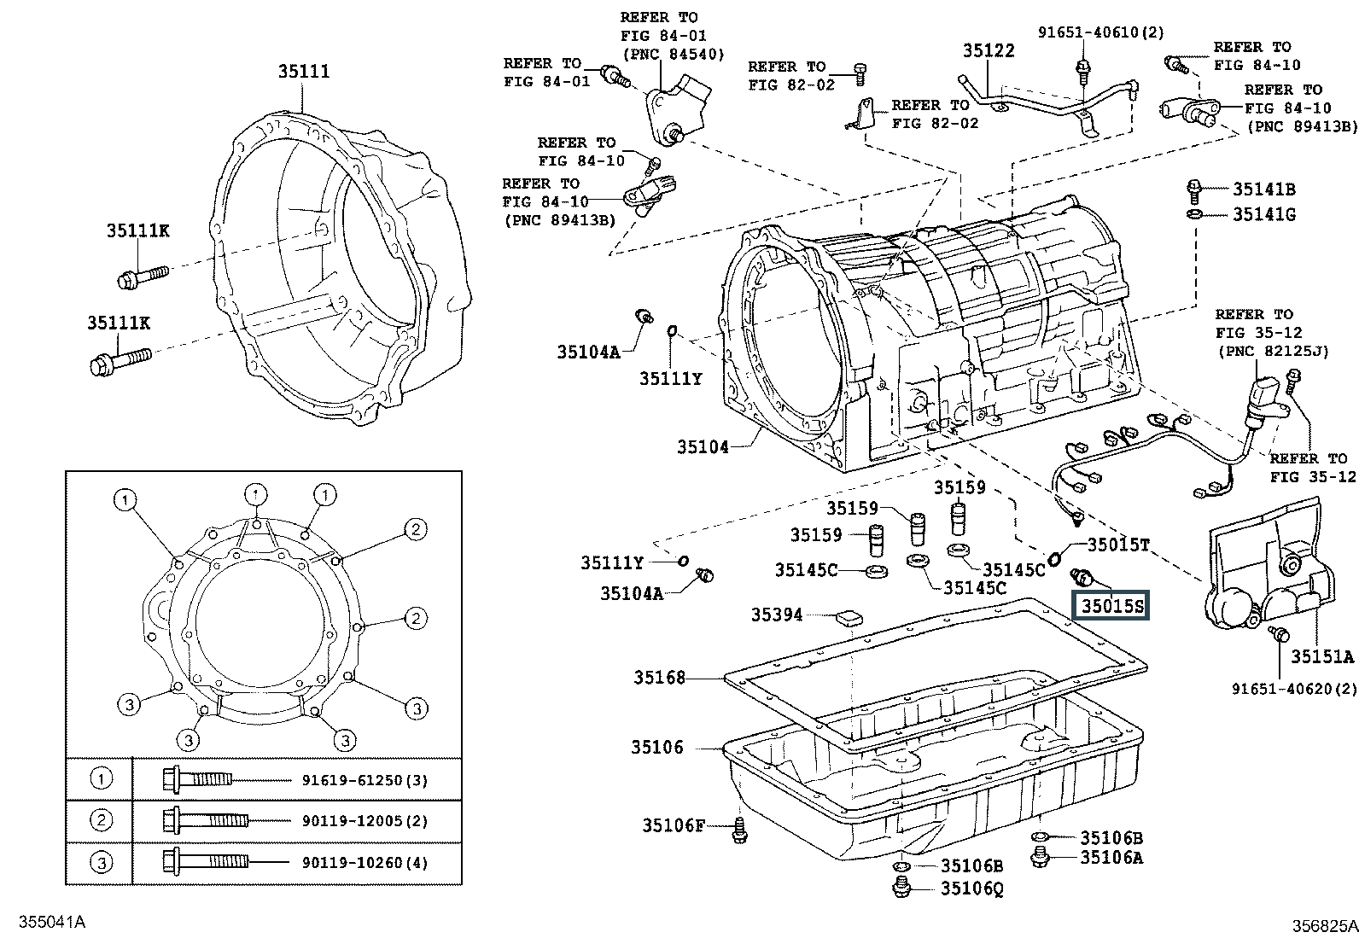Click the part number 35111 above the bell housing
click(x=304, y=72)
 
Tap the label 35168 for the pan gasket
click(x=660, y=677)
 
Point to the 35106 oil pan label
click(x=657, y=747)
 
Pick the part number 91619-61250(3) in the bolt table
click(x=365, y=780)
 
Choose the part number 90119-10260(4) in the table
click(x=365, y=862)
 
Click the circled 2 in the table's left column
click(x=101, y=820)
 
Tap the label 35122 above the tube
click(x=989, y=51)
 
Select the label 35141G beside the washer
click(x=1263, y=214)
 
